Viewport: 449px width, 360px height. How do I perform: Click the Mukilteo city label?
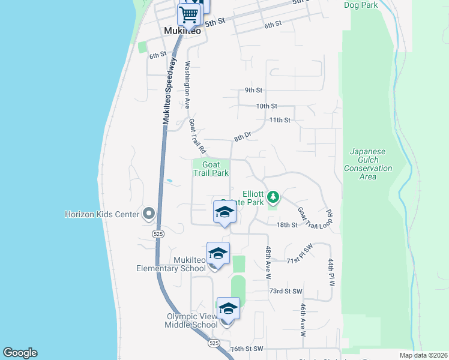pyautogui.click(x=183, y=31)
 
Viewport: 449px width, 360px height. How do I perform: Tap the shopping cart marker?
pyautogui.click(x=188, y=13)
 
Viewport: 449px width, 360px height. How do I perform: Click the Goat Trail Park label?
pyautogui.click(x=211, y=169)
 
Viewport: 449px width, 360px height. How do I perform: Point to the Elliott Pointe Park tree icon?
pyautogui.click(x=273, y=197)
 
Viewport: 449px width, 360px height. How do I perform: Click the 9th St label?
pyautogui.click(x=253, y=91)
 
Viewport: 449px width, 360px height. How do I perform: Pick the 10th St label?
pyautogui.click(x=266, y=106)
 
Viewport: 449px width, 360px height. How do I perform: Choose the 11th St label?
pyautogui.click(x=280, y=121)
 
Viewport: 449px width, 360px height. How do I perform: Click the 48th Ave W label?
pyautogui.click(x=268, y=263)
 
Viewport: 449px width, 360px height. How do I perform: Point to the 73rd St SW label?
pyautogui.click(x=285, y=291)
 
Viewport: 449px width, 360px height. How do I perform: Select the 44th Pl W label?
pyautogui.click(x=330, y=272)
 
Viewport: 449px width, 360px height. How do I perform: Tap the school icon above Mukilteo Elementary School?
pyautogui.click(x=218, y=253)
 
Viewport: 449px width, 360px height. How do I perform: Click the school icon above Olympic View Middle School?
pyautogui.click(x=228, y=308)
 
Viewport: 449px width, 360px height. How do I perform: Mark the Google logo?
pyautogui.click(x=20, y=353)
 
